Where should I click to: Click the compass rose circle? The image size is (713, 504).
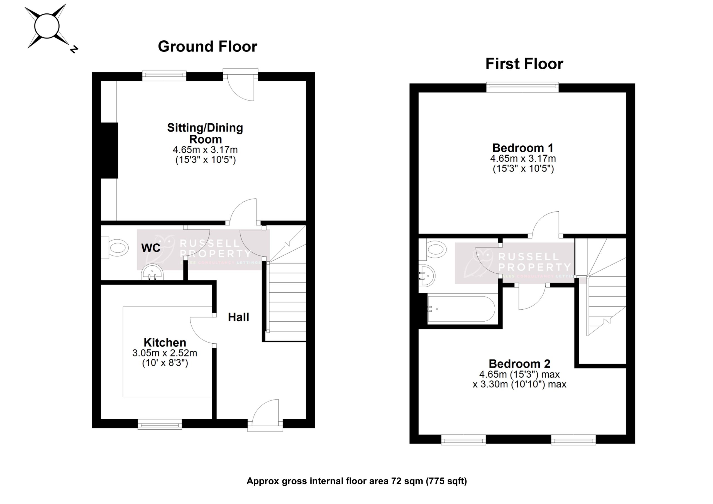[x=47, y=26]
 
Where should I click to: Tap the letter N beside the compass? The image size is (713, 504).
[x=74, y=49]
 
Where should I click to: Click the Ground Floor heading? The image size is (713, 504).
[x=207, y=47]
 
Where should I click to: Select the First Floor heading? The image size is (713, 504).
[x=524, y=64]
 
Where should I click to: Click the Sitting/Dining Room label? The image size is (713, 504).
[x=205, y=133]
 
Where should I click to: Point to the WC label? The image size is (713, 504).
[x=151, y=248]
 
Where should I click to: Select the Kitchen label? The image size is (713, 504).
[x=165, y=342]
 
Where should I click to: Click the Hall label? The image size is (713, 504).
[x=238, y=317]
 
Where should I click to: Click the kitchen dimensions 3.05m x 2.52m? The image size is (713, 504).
[x=165, y=353]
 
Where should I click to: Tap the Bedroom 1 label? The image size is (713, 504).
[x=523, y=148]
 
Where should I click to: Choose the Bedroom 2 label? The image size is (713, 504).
[x=519, y=363]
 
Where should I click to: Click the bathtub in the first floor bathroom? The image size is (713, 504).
[x=461, y=309]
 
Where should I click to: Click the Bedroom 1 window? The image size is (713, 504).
[x=522, y=87]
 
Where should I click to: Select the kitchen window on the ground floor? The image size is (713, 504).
[x=160, y=424]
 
